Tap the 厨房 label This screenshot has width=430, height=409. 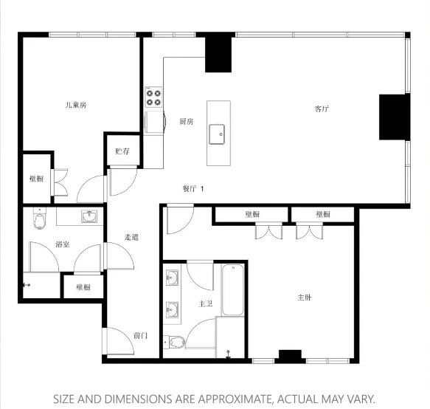click(x=186, y=122)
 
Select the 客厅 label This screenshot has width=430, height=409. click(x=322, y=109)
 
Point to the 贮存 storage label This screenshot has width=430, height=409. click(x=122, y=151)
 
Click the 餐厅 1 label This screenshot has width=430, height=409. click(x=193, y=188)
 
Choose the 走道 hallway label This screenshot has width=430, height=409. click(x=131, y=237)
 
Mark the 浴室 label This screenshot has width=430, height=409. click(x=63, y=244)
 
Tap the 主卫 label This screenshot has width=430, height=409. click(x=206, y=303)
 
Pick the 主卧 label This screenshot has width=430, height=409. click(x=305, y=298)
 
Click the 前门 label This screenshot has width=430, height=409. click(x=140, y=335)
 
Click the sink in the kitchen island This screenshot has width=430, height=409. click(x=218, y=134)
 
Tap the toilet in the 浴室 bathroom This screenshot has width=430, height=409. click(x=40, y=219)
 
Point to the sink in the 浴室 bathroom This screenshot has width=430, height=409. click(x=89, y=216)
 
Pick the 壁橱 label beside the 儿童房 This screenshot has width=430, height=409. click(x=36, y=179)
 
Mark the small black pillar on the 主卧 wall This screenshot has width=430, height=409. click(x=291, y=356)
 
